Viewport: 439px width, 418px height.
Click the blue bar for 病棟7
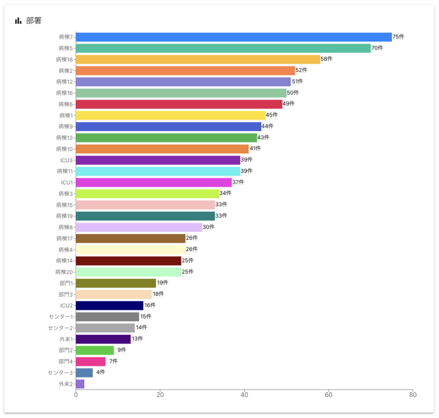[x=234, y=37]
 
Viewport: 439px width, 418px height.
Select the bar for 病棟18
[x=198, y=59]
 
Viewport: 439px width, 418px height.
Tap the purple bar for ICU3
[x=158, y=160]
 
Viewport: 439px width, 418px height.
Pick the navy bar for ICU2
[x=109, y=306]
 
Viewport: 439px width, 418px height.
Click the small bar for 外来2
[x=80, y=384]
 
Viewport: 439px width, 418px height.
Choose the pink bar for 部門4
[x=90, y=361]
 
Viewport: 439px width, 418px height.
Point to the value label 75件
[x=398, y=37]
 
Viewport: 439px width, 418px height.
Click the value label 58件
[x=327, y=59]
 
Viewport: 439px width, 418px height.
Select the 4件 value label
[x=100, y=373]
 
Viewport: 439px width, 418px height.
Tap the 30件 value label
[x=209, y=227]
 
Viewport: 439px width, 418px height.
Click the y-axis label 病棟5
[x=66, y=48]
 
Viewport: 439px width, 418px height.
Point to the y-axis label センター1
[x=61, y=317]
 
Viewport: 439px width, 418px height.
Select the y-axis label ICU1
[x=67, y=183]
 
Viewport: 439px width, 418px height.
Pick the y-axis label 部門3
[x=66, y=295]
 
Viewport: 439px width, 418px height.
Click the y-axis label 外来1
[x=66, y=339]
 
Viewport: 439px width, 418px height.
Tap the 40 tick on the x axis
[x=244, y=395]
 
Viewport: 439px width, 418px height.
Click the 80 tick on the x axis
[x=412, y=395]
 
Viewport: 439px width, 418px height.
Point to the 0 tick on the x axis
[x=76, y=395]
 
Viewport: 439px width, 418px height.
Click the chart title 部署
[x=34, y=21]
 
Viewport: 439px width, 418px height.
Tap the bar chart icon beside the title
[x=18, y=21]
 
